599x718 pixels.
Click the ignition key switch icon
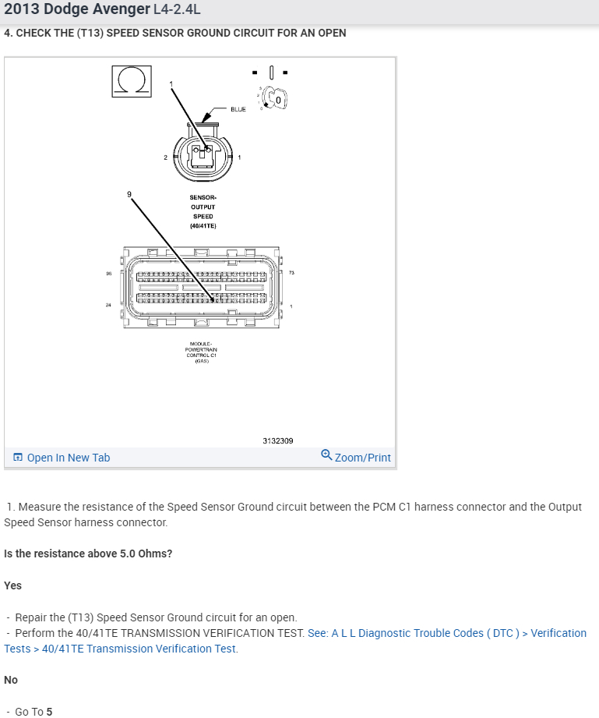point(275,97)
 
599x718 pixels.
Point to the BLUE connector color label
point(238,109)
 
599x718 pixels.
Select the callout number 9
point(129,193)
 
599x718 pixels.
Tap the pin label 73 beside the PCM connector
point(292,272)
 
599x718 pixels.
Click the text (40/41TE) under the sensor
point(203,226)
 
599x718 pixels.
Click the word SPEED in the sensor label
point(203,216)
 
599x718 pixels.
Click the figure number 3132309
point(278,440)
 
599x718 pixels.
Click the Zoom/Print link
point(356,458)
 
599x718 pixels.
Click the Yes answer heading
point(12,585)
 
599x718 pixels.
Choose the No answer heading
point(11,680)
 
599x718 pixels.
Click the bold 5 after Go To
point(49,711)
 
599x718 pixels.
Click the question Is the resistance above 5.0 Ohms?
point(88,554)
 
